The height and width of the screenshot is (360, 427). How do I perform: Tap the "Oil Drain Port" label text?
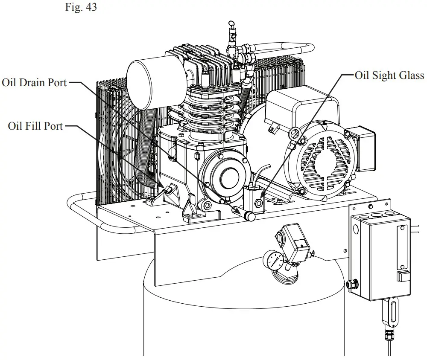point(34,82)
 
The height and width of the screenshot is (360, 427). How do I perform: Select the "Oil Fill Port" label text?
point(35,126)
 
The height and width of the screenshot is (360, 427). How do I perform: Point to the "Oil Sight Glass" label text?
point(389,75)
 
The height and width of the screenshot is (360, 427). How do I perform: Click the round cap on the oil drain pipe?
point(251,217)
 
